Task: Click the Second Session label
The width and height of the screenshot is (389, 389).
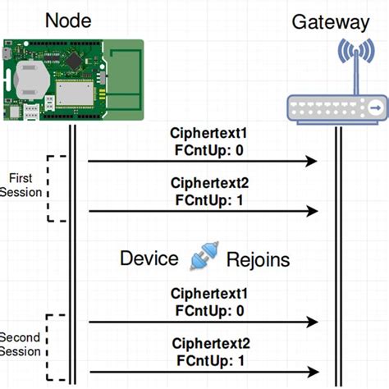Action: pyautogui.click(x=20, y=345)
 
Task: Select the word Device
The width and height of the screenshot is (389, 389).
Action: pyautogui.click(x=149, y=259)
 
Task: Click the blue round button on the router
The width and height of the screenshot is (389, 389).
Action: pyautogui.click(x=373, y=107)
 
